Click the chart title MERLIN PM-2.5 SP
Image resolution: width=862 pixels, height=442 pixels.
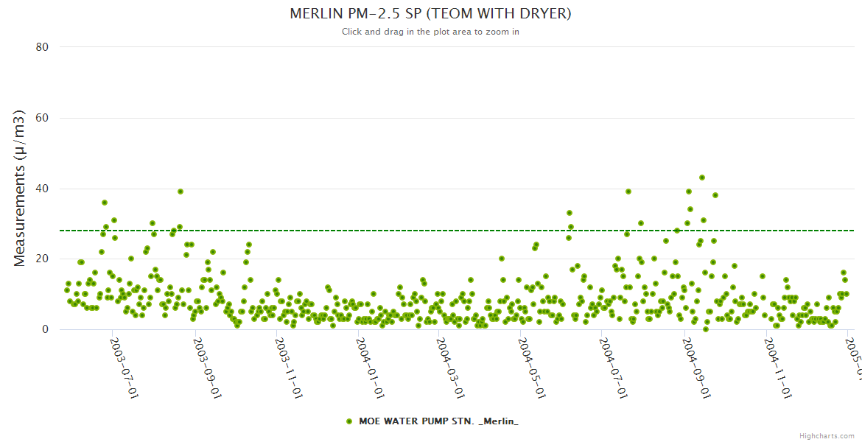click(430, 14)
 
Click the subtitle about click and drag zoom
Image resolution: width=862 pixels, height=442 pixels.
click(430, 32)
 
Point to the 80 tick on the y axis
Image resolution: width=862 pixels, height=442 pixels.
click(42, 47)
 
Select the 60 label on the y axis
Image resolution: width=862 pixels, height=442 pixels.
click(42, 118)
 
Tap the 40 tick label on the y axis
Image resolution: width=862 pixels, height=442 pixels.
click(42, 189)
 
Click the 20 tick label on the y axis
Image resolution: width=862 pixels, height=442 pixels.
click(42, 259)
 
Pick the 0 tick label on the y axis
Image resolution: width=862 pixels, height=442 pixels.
click(45, 330)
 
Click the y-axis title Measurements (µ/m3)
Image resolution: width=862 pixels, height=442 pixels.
click(21, 187)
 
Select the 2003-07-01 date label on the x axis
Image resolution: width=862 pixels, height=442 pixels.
click(124, 368)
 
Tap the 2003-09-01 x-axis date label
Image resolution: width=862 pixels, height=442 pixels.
click(206, 368)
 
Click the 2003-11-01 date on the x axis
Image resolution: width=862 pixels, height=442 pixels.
click(287, 368)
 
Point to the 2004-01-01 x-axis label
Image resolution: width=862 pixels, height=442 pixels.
click(369, 368)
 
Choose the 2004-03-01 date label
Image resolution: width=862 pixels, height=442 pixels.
click(449, 368)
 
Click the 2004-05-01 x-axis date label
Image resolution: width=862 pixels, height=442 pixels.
click(531, 368)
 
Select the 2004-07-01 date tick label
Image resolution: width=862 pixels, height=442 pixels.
click(613, 368)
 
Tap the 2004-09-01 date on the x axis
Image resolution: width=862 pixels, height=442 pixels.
click(695, 368)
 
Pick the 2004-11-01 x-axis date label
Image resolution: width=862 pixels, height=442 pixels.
click(778, 368)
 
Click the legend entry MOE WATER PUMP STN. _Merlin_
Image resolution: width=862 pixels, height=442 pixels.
click(438, 421)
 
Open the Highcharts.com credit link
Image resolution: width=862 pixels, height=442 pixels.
click(827, 435)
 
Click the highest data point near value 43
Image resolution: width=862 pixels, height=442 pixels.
click(702, 178)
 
